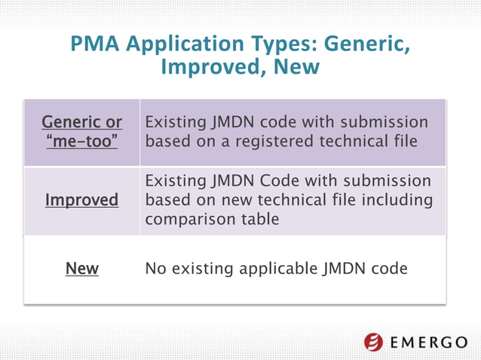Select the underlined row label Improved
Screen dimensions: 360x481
[81, 200]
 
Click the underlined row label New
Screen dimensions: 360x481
[81, 268]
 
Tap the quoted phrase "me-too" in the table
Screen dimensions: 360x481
[81, 141]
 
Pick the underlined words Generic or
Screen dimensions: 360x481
[81, 122]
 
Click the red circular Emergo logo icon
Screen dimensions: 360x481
[374, 342]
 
